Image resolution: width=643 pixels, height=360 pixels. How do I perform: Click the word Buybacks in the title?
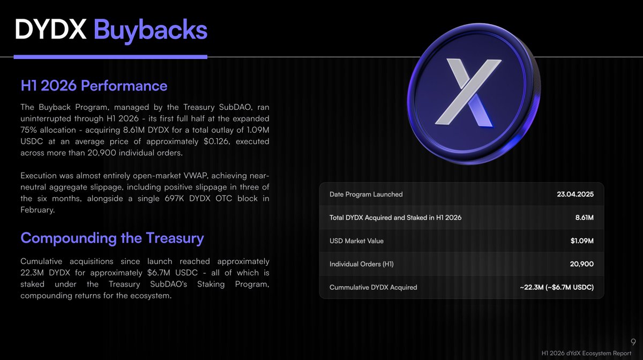151,30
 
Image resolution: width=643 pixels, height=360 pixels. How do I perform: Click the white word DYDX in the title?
50,29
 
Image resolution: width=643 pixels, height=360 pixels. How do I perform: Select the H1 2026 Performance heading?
94,86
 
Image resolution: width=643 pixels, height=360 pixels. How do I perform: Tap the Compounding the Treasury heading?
112,238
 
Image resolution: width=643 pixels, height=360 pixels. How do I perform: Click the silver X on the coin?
468,92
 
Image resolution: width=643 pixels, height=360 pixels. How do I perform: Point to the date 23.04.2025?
575,194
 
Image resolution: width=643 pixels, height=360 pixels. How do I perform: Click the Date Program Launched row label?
366,194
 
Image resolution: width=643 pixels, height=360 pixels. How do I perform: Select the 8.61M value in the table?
585,217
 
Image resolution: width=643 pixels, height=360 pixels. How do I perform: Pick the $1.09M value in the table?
582,241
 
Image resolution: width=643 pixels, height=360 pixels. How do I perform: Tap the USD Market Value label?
356,241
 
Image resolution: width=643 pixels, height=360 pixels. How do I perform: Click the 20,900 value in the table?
582,264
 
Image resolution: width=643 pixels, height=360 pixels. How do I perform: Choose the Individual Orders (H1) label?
361,264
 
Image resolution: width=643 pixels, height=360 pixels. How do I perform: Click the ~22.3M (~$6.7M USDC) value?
557,287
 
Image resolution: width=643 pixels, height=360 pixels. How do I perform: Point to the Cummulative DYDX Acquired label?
373,287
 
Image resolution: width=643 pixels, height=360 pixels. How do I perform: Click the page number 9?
633,342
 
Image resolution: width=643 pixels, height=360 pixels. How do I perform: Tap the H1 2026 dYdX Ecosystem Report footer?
586,353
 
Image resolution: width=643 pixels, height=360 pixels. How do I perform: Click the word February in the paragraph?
38,210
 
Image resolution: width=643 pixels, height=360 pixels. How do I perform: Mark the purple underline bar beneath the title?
110,57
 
